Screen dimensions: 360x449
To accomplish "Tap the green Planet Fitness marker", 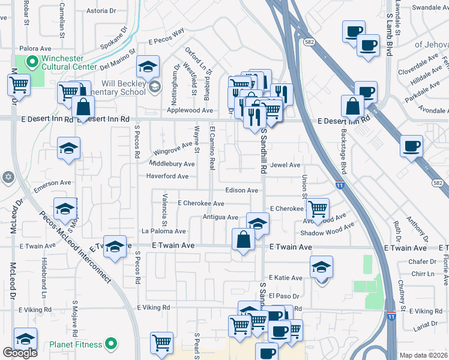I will tap(110, 344).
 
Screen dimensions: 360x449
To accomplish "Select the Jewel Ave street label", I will tap(285, 165).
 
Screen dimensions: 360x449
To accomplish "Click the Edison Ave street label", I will tap(241, 190).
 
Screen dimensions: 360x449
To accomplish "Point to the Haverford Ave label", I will tap(167, 176).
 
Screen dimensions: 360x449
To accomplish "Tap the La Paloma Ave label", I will tap(163, 231).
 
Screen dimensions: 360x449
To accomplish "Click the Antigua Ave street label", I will tap(220, 217).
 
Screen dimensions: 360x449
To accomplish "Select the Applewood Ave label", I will tap(190, 110).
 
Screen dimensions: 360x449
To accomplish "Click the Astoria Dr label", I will tap(101, 11).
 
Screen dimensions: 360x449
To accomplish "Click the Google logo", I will tap(20, 353).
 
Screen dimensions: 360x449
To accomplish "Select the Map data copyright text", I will tap(423, 355).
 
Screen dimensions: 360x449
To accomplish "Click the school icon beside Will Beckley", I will tap(155, 88).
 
